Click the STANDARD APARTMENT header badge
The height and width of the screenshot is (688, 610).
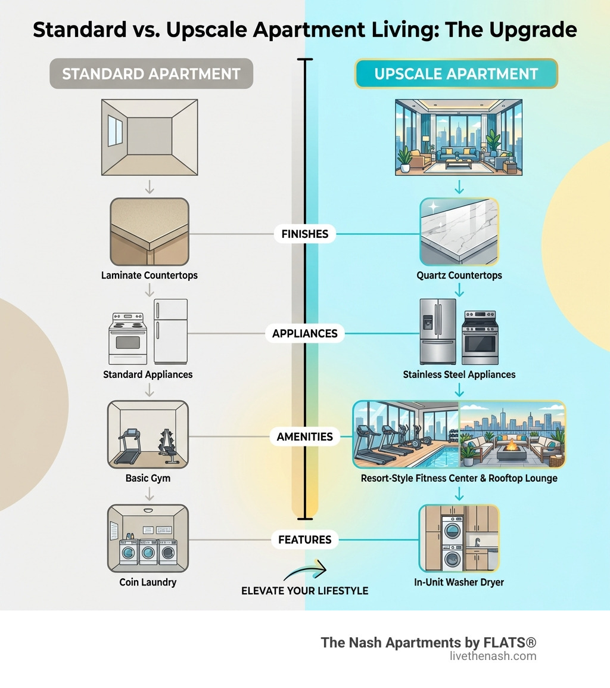(151, 74)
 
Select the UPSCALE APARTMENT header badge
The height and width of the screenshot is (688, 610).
(456, 74)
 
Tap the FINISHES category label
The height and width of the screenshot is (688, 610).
(305, 234)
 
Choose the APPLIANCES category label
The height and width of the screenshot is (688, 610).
(305, 333)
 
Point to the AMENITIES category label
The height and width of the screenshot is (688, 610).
(305, 436)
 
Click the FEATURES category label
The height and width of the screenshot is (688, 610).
(305, 540)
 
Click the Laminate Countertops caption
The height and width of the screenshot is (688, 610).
(150, 275)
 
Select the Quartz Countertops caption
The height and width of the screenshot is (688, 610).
(459, 275)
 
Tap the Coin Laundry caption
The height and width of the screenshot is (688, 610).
(148, 582)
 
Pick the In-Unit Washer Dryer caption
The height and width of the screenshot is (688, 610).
(459, 582)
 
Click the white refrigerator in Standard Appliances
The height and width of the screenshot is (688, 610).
(170, 331)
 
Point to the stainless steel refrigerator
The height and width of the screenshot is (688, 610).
(438, 331)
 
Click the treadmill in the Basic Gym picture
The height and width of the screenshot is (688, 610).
(127, 445)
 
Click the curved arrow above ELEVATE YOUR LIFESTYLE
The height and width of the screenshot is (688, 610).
(305, 571)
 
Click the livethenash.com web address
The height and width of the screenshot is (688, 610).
(493, 656)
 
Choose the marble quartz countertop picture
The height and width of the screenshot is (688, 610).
(459, 231)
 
